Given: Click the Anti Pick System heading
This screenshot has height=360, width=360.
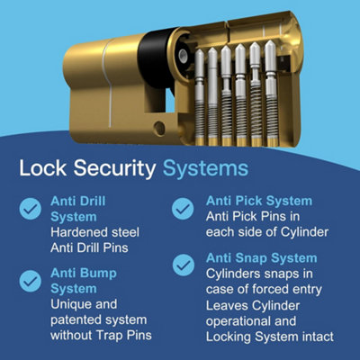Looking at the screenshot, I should coord(259,201).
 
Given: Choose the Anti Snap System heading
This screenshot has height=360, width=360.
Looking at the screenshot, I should coord(262,256).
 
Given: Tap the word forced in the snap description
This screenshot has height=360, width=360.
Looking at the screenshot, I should coord(281,289).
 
